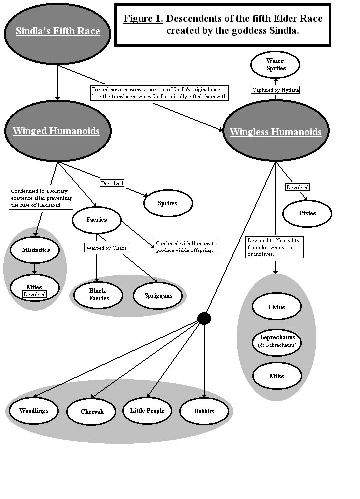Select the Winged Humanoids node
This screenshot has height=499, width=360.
56,131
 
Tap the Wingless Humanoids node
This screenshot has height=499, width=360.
275,132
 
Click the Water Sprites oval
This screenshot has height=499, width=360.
275,65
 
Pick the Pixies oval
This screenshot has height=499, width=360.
307,213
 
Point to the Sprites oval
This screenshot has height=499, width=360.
168,203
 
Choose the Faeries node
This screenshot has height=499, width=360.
97,220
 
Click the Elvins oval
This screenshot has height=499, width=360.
277,307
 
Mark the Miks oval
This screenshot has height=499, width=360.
277,376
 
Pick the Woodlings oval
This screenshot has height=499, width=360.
34,411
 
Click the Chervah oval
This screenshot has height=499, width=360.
91,412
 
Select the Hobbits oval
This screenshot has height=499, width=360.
204,411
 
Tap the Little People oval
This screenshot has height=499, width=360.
147,411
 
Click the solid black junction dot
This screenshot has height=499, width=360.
204,318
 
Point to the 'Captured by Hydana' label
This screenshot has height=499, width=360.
275,90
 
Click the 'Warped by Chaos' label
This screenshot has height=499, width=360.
105,248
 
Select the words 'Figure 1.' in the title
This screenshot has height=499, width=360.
143,19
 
